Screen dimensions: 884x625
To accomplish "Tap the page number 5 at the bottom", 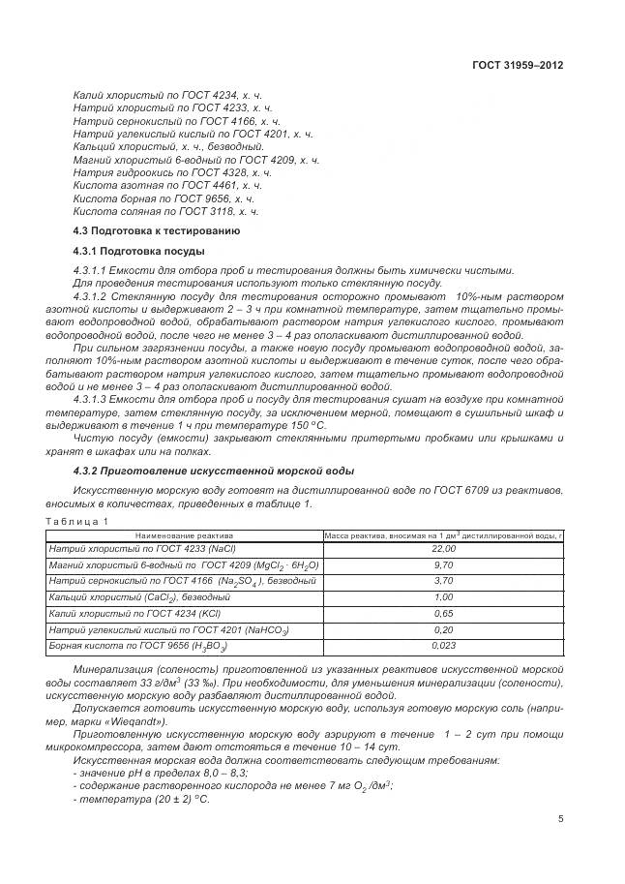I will tap(560, 818).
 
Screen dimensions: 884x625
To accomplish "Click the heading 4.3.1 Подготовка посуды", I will tap(138, 251).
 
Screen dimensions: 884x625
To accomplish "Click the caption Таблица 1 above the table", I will tap(77, 521).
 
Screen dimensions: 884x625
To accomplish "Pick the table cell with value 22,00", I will tap(443, 549).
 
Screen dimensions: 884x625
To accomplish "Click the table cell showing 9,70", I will tap(443, 564).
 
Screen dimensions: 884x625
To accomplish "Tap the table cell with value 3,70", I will tap(443, 581).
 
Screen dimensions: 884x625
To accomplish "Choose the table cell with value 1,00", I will tap(443, 597).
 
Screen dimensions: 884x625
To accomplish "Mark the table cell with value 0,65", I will tap(443, 613).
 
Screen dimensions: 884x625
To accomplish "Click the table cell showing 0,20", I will tap(443, 629).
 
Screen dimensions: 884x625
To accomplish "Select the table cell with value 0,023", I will tap(443, 645).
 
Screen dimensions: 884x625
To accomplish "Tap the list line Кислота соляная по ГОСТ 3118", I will tap(165, 210).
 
